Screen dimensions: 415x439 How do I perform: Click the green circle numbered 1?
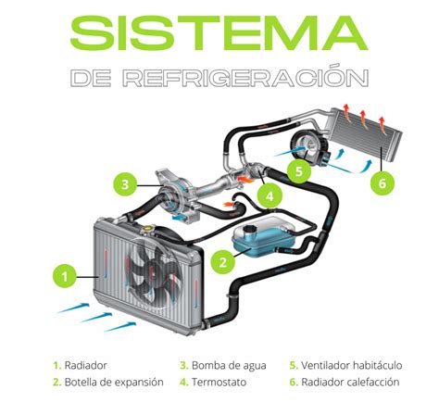tap(64, 275)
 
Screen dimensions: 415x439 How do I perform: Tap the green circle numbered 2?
tap(222, 262)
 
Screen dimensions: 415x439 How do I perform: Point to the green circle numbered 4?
tap(268, 195)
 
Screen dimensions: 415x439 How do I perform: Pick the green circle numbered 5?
tap(297, 170)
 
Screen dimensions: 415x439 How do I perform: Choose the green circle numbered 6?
tap(382, 183)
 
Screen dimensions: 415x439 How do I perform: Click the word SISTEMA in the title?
tap(219, 33)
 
